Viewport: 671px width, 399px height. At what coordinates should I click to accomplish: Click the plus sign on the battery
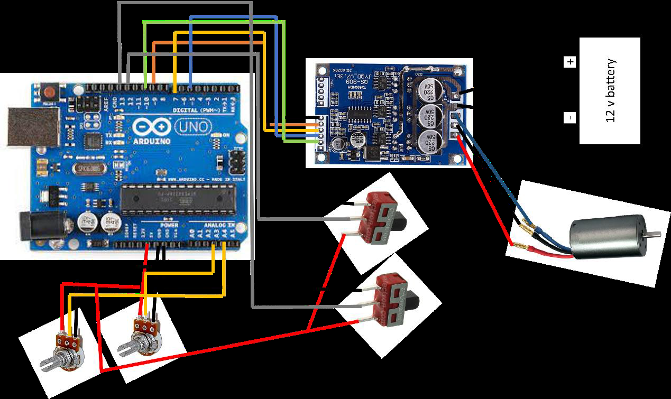[569, 62]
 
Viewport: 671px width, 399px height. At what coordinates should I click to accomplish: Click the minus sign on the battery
[569, 118]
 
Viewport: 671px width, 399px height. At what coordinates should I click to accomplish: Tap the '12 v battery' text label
[611, 90]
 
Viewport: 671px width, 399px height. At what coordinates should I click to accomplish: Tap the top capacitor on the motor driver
[427, 90]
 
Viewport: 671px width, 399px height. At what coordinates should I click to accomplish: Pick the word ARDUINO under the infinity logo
[151, 141]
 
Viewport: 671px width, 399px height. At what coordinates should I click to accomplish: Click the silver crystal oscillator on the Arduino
[86, 168]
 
